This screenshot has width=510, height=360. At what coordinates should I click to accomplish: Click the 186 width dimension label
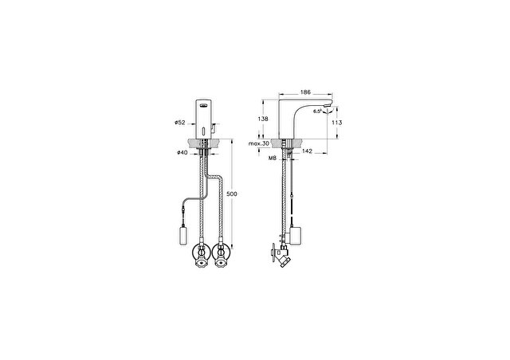point(305,92)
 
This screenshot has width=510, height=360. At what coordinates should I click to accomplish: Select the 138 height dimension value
point(263,119)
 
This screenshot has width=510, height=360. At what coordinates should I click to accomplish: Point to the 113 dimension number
point(337,123)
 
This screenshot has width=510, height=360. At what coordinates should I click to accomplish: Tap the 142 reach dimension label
point(307,151)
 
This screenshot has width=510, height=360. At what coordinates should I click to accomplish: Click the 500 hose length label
point(232,194)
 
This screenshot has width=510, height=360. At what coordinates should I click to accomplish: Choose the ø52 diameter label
point(179,123)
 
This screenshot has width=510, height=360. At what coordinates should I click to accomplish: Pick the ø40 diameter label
point(182,152)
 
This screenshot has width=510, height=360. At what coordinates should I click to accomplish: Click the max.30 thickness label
point(258,143)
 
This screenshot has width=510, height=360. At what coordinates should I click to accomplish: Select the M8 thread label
point(273,158)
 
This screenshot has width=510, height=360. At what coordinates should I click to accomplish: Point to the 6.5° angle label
point(317,112)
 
